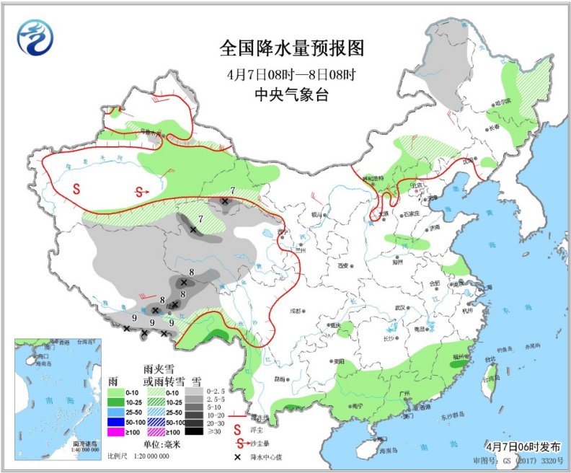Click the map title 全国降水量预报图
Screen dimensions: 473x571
click(292, 48)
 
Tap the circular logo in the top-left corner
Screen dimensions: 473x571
click(36, 37)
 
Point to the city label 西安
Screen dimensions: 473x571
click(343, 265)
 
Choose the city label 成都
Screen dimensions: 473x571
click(294, 311)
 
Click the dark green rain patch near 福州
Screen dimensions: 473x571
click(456, 366)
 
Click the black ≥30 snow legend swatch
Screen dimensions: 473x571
click(194, 431)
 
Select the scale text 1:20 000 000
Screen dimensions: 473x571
click(150, 456)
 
